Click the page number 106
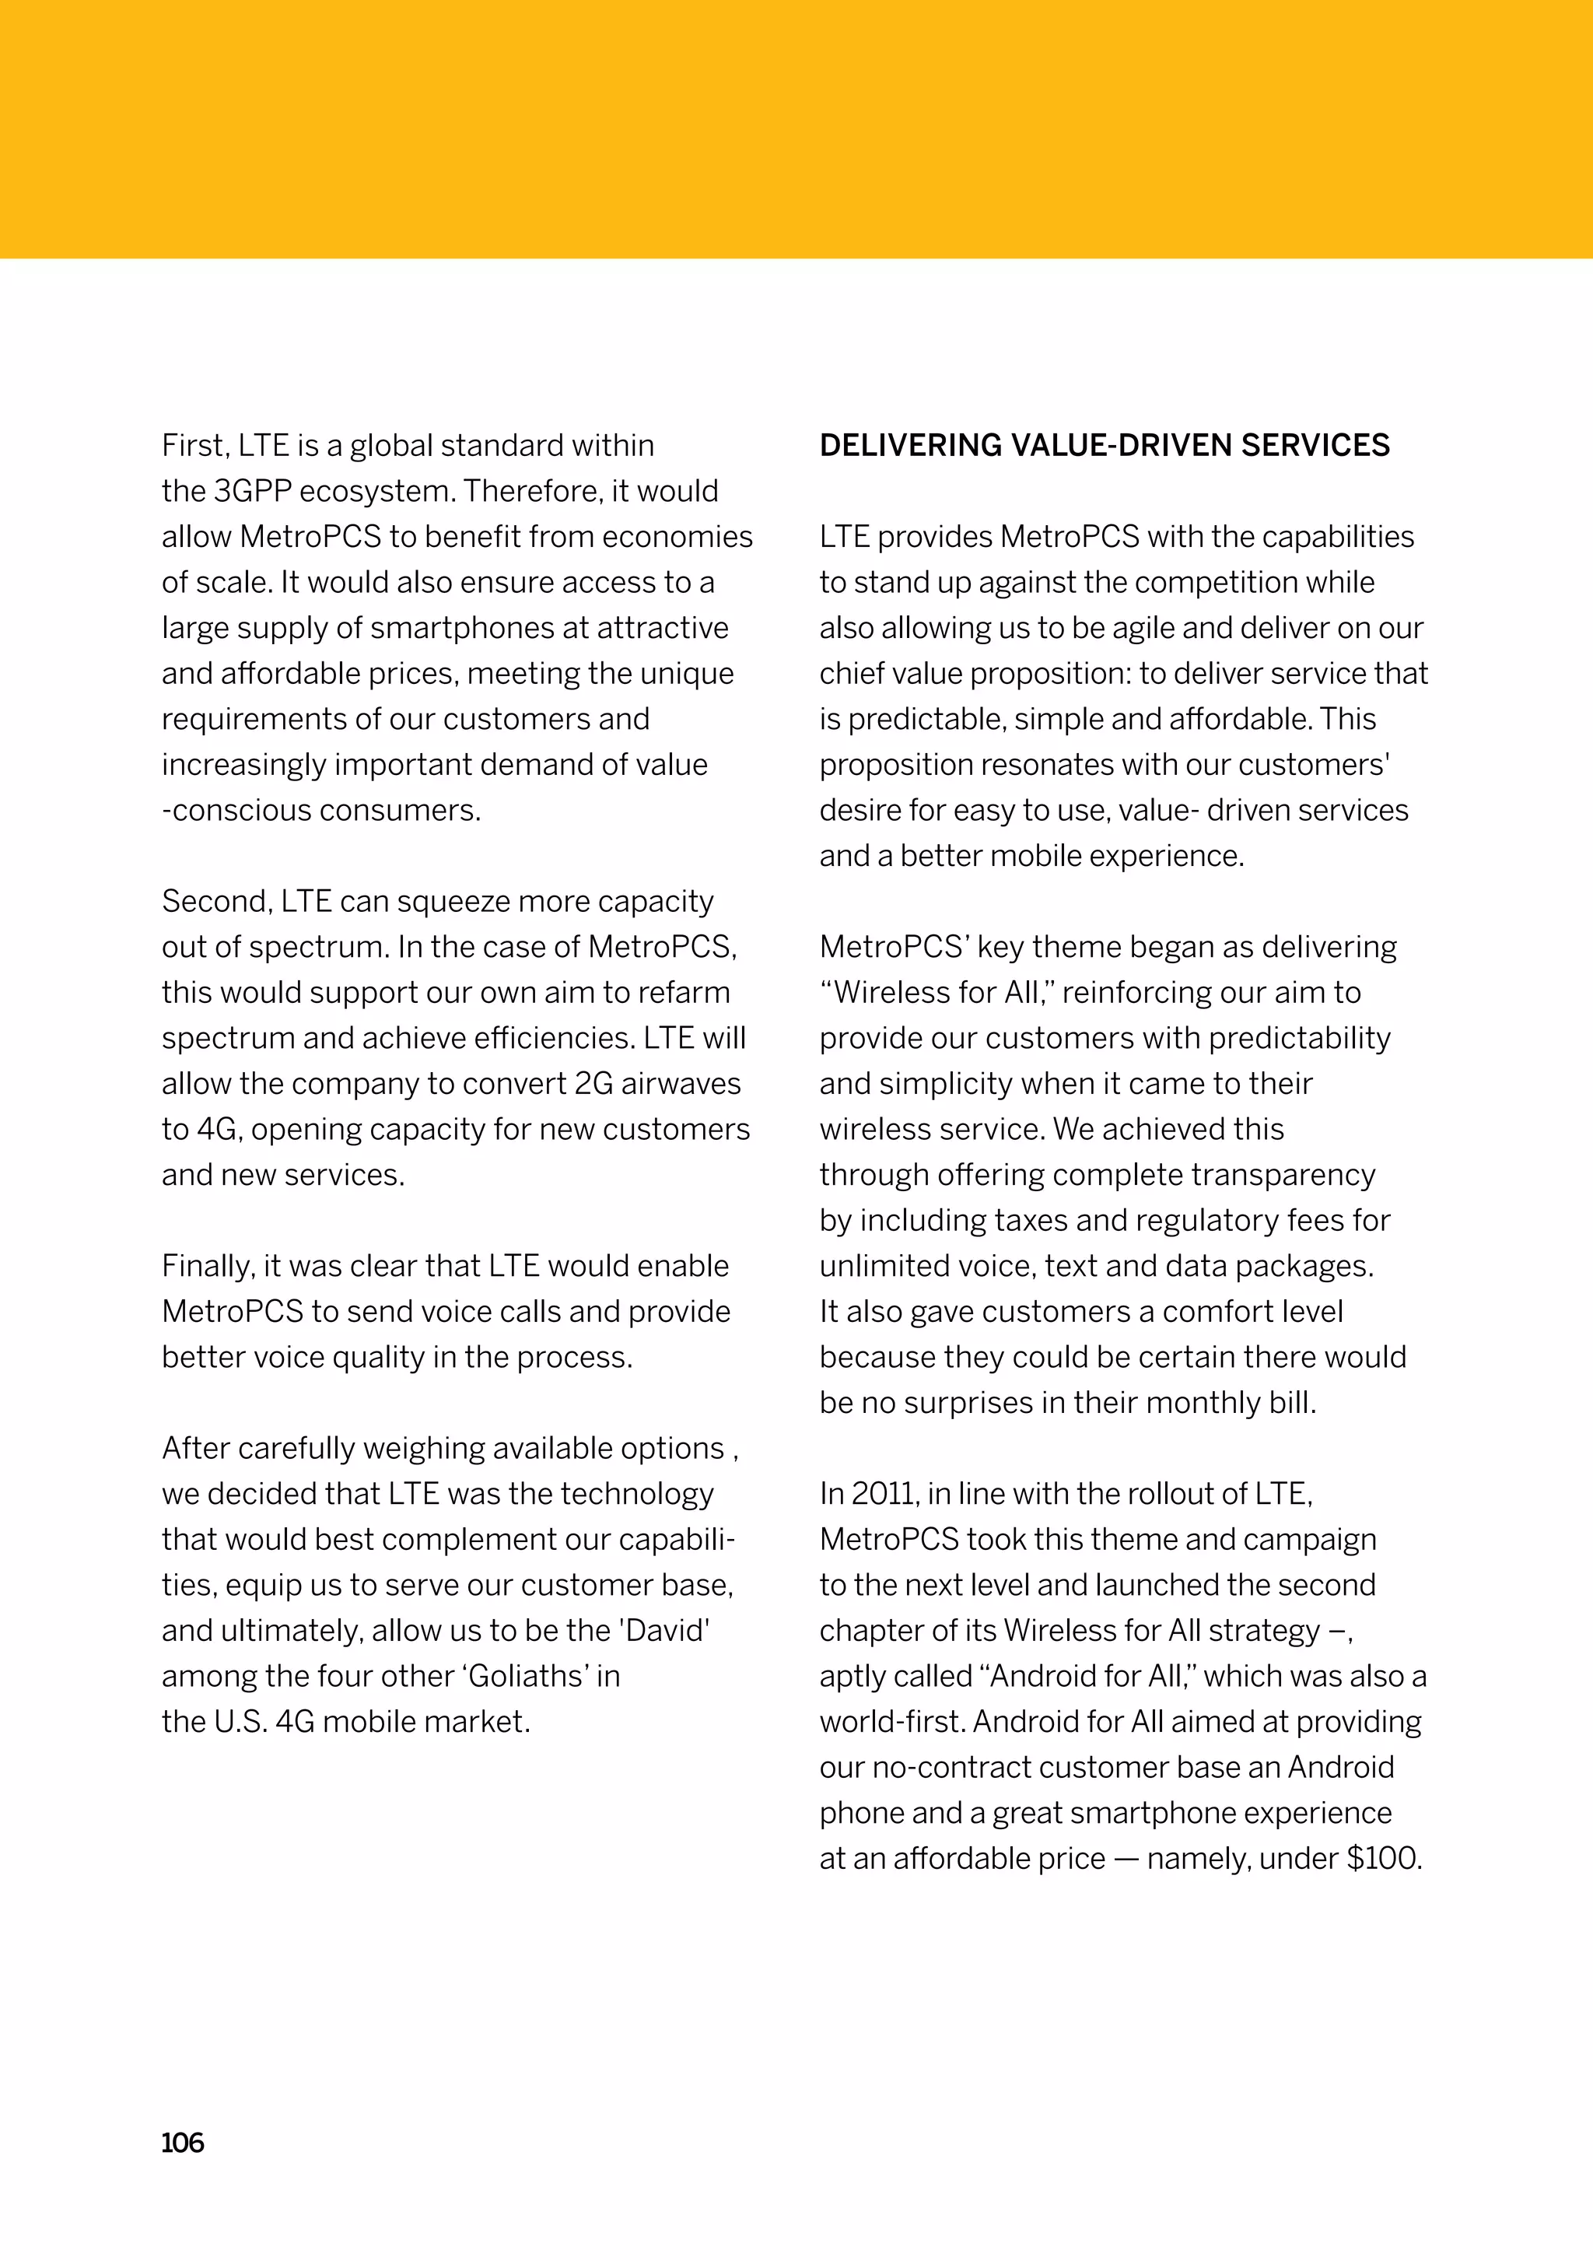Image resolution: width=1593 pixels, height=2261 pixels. tap(182, 2143)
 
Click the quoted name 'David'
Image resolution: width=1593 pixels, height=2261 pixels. tap(664, 1630)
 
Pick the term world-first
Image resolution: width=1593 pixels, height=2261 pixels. tap(892, 1721)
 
